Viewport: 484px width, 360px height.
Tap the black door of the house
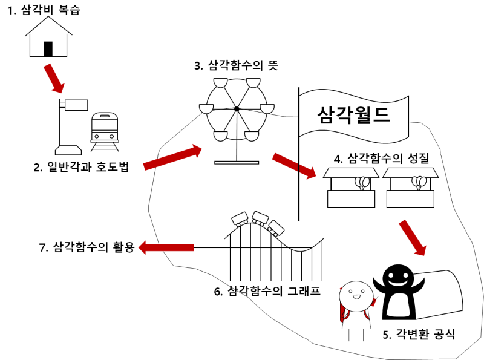[x=48, y=48]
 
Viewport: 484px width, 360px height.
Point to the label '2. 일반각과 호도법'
[x=81, y=167]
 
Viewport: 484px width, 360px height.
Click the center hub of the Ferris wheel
[x=237, y=109]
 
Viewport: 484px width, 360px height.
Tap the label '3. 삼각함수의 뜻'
[x=236, y=65]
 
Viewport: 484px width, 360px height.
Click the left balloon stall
[x=350, y=188]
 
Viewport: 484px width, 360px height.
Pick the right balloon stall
[x=409, y=188]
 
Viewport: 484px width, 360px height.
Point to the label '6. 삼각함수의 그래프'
[x=267, y=291]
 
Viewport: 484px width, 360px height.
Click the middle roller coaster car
[x=261, y=217]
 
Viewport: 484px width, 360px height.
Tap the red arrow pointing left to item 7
[x=166, y=247]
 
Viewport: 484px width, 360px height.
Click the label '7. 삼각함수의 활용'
[x=85, y=247]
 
